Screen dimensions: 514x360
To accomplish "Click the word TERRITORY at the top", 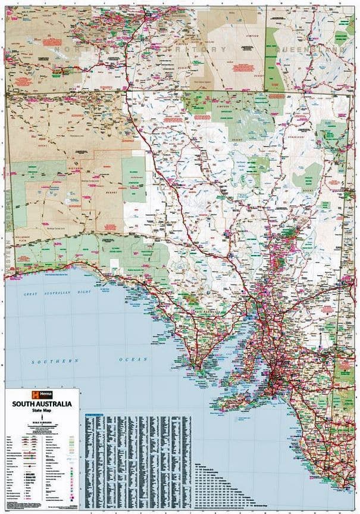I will (x=196, y=50).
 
